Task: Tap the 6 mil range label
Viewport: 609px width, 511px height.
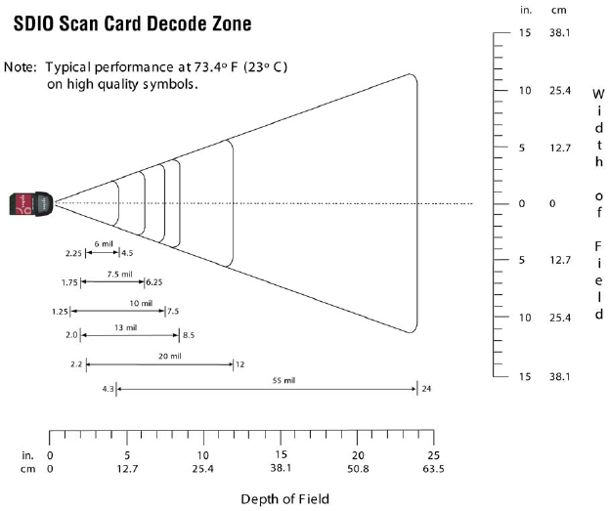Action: [102, 243]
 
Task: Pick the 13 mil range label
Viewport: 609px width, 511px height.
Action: [125, 327]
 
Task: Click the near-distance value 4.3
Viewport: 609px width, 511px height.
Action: [109, 389]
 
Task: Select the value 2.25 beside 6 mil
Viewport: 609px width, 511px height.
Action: [73, 253]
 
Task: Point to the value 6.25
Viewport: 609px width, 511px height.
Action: [154, 282]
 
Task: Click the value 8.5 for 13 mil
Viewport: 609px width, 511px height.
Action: [189, 335]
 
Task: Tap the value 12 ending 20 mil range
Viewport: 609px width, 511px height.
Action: [240, 364]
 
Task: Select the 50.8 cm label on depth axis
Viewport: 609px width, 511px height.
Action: [359, 469]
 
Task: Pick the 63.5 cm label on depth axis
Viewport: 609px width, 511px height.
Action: [434, 469]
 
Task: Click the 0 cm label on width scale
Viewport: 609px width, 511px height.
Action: [552, 203]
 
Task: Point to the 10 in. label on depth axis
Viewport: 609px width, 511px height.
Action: [203, 456]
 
